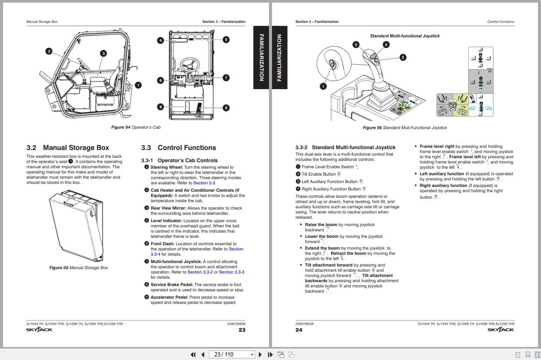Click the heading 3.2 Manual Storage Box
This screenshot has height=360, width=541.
pos(68,148)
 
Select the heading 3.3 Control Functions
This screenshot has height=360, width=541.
pos(179,148)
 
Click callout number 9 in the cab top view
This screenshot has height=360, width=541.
pos(226,108)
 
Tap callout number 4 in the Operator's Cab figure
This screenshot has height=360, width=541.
pos(160,40)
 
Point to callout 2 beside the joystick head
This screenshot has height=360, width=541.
pos(403,57)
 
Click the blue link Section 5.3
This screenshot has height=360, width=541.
pos(204,183)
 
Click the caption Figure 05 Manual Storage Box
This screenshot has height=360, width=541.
pos(79,268)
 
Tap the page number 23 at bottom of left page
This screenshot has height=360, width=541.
pos(242,330)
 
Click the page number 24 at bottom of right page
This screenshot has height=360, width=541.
pos(299,330)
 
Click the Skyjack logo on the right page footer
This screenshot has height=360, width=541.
pos(501,330)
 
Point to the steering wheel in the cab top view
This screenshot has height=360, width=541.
pos(189,65)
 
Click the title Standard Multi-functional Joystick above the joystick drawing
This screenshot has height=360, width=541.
pos(405,36)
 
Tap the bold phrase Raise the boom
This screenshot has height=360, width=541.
pos(321,225)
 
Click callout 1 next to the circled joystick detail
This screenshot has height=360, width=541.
pos(323,87)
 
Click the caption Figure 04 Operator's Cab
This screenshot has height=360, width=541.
pos(136,127)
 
